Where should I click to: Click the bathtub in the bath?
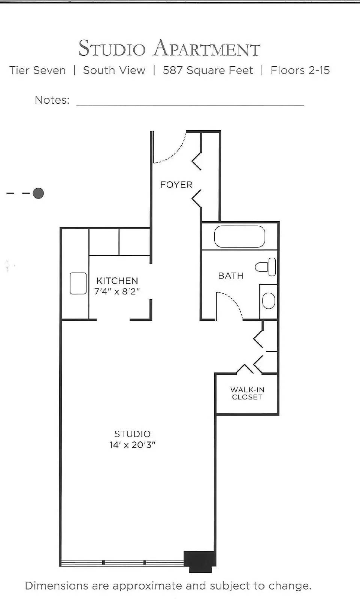[239, 236]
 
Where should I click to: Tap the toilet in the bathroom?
[266, 267]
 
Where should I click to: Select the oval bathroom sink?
[268, 301]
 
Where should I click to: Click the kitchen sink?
[78, 283]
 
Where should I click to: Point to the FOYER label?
[176, 185]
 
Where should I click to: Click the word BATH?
[231, 276]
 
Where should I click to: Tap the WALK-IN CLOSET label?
[247, 393]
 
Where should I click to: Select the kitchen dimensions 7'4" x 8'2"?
[117, 291]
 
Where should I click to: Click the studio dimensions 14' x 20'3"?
[132, 445]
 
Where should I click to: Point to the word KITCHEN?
[117, 281]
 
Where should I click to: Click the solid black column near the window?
[200, 560]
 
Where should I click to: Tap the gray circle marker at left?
[38, 193]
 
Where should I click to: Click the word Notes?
[52, 100]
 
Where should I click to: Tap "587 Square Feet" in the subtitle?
[208, 70]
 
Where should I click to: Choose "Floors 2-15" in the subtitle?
[300, 70]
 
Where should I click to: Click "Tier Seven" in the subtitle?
[37, 70]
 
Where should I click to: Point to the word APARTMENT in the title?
[206, 49]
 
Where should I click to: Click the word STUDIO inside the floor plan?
[132, 434]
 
